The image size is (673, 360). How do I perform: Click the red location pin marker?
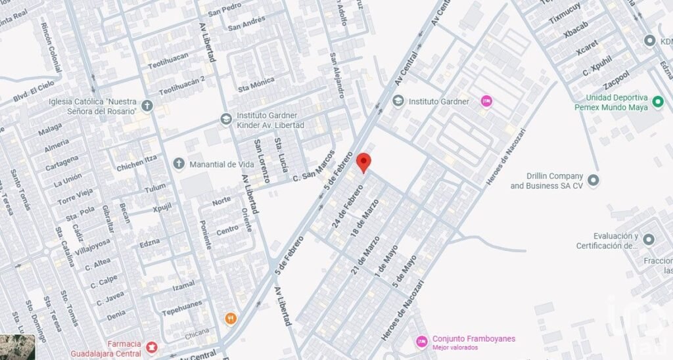coord(363,162)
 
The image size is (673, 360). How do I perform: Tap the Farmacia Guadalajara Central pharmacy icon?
coord(152,346)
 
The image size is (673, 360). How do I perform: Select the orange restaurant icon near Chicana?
coord(230,319)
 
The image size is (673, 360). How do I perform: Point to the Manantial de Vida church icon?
coord(179,164)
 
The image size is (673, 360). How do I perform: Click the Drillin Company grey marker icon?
coord(593,179)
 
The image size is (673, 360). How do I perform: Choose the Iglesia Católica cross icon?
coord(147,105)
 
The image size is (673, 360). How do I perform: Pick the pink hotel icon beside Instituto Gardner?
coord(486,101)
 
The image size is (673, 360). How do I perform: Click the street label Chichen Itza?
coord(137,163)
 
